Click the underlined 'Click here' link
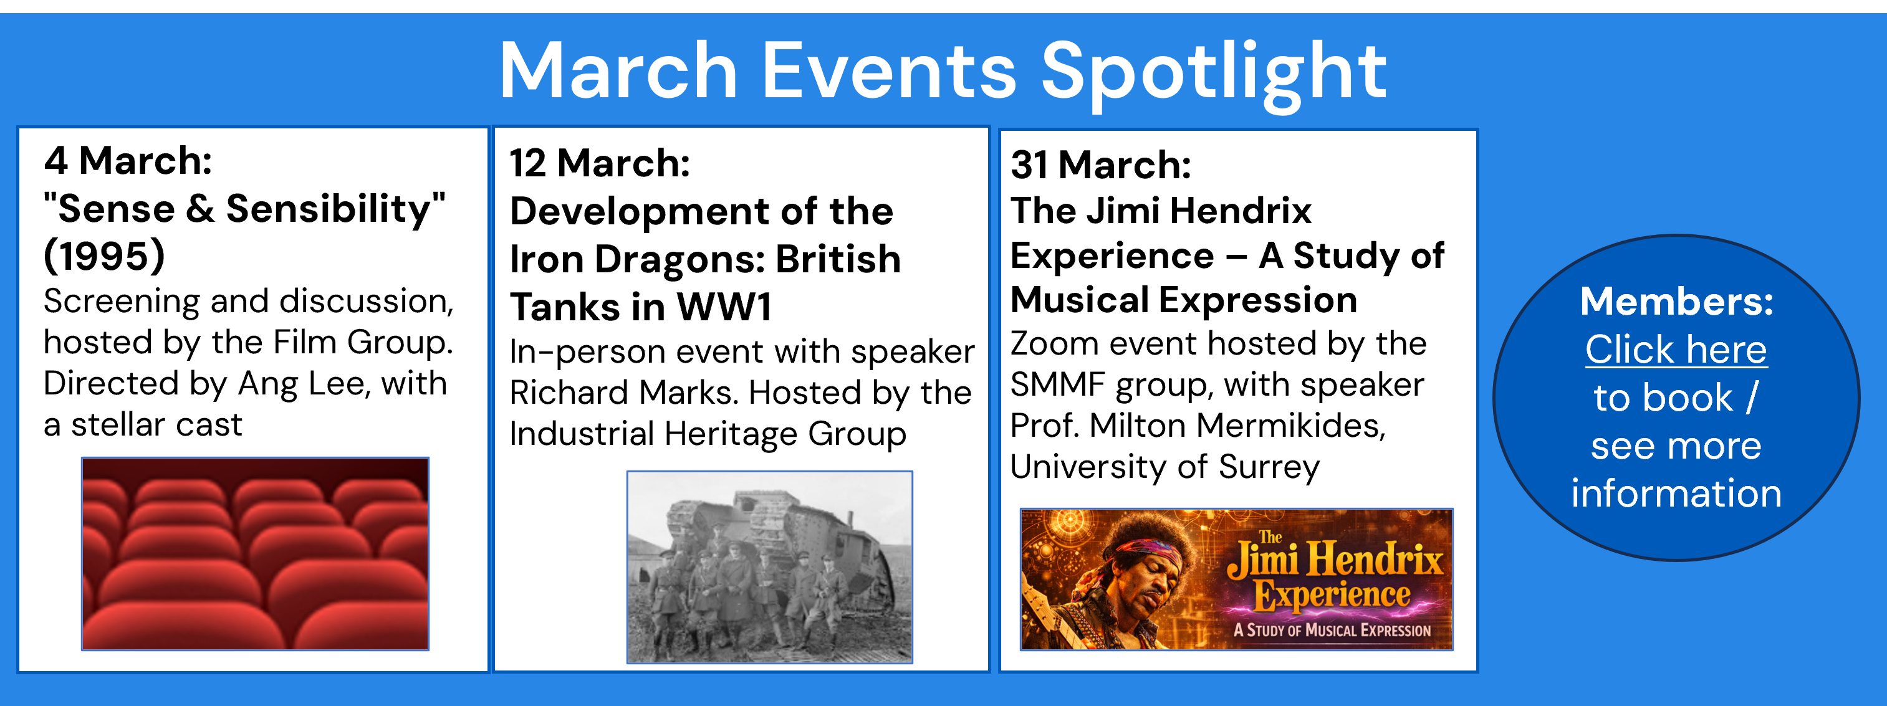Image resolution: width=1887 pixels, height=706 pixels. point(1676,350)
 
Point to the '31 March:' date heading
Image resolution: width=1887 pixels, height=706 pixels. point(1100,165)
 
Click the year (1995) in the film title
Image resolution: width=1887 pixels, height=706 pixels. point(104,256)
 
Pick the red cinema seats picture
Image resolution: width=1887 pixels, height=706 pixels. point(255,554)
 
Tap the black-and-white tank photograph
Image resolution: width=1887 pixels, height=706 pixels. point(769,567)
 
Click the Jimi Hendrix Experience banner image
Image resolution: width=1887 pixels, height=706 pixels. point(1237,580)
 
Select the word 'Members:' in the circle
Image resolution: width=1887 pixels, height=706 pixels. point(1677,301)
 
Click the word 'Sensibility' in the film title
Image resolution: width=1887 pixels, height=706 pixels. point(331,209)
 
